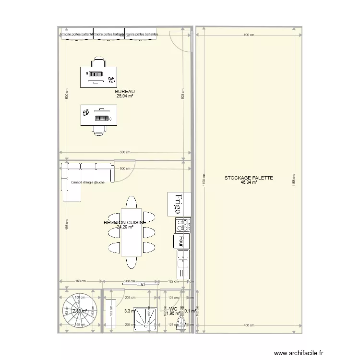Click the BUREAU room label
125,91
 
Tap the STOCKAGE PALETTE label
249,178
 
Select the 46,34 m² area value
249,182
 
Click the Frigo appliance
179,204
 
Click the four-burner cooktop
183,225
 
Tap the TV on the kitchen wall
141,284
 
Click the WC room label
173,309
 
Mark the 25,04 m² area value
124,96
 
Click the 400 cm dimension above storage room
248,35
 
